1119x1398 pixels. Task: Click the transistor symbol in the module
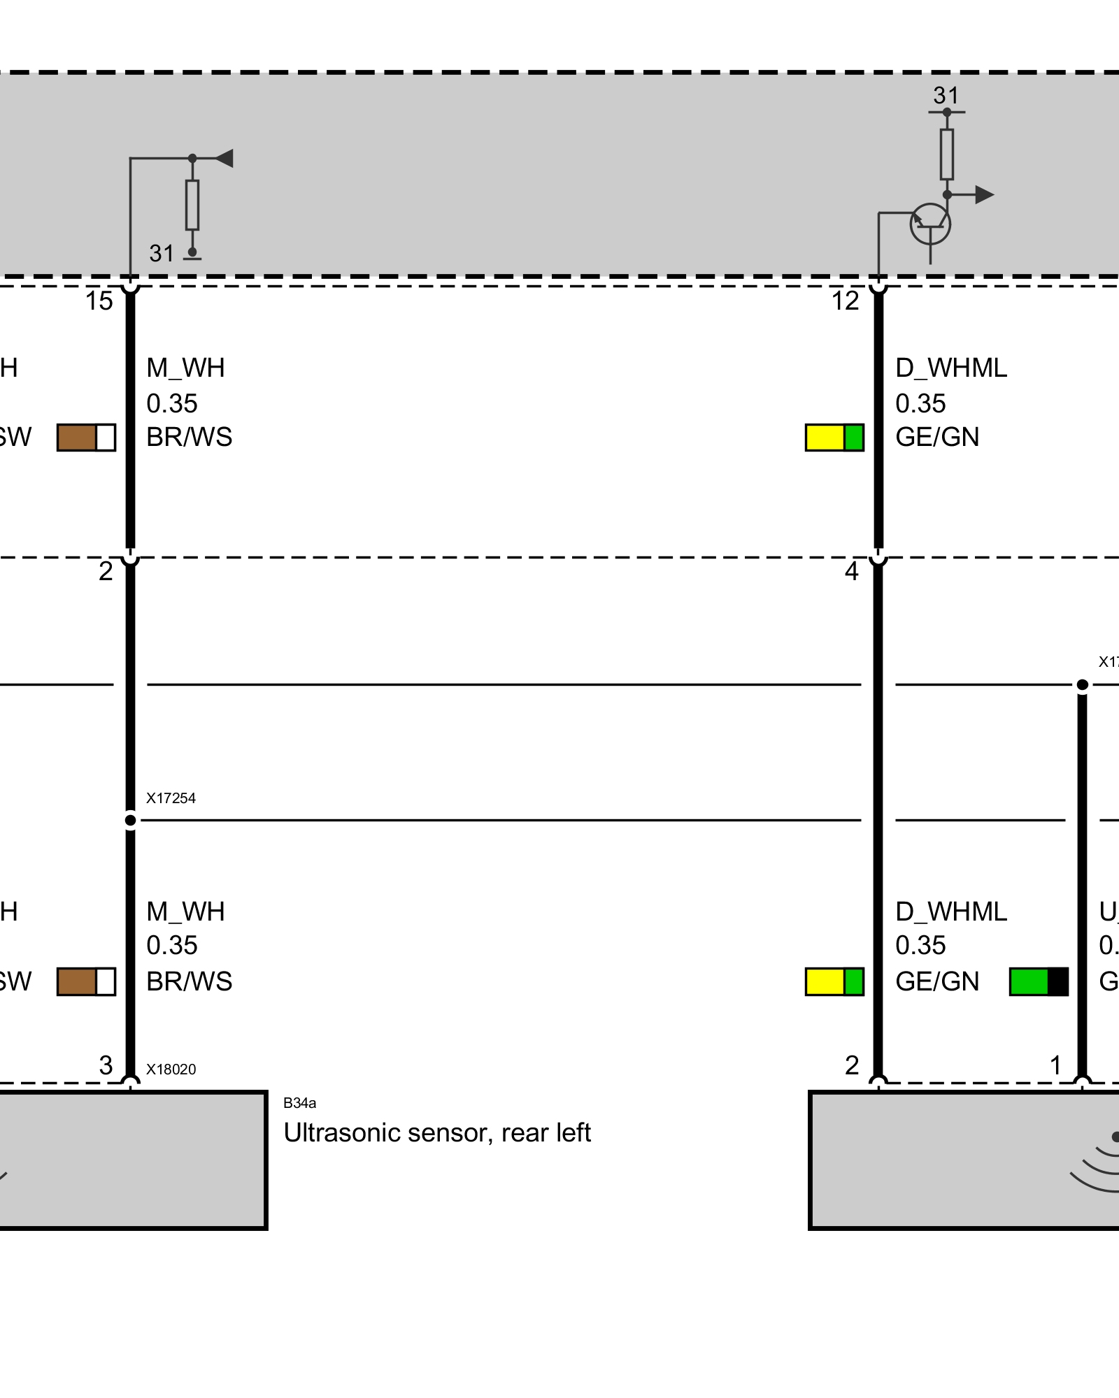(x=929, y=224)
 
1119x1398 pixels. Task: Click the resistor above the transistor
(x=946, y=154)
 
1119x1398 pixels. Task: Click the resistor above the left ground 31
(x=192, y=205)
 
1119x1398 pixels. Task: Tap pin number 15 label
(x=99, y=301)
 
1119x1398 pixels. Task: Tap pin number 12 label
(x=845, y=301)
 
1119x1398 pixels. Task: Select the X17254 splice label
(x=171, y=798)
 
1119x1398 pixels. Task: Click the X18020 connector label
(x=171, y=1069)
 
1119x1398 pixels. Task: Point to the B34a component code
(x=299, y=1103)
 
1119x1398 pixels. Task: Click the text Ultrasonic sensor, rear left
(x=437, y=1133)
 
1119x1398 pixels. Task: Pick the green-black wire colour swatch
(x=1039, y=981)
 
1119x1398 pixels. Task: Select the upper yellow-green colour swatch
(x=834, y=438)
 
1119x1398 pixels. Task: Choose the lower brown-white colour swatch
(x=86, y=981)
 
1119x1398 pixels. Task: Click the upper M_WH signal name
(x=185, y=368)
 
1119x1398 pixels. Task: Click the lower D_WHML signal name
(x=951, y=911)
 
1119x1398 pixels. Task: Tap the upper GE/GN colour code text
(x=937, y=438)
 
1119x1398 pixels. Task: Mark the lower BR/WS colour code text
(x=189, y=981)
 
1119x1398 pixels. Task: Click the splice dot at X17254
(x=130, y=820)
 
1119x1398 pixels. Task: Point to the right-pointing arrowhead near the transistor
(x=984, y=194)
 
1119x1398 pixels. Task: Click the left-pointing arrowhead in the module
(x=224, y=158)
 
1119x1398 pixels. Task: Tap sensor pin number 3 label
(x=106, y=1065)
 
